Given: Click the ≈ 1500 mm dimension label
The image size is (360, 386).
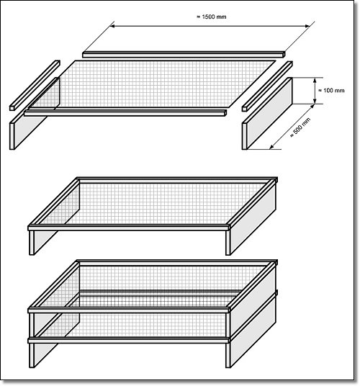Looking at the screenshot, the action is [x=212, y=17].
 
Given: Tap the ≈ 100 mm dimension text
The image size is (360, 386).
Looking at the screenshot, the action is [x=331, y=90].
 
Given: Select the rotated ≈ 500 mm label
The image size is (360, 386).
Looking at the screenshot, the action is [x=300, y=127].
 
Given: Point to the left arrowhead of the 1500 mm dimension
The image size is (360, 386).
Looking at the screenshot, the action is [x=112, y=26].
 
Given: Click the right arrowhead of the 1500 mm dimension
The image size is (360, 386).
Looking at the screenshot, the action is [x=307, y=26].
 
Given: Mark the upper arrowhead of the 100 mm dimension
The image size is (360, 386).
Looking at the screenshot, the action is [x=315, y=80].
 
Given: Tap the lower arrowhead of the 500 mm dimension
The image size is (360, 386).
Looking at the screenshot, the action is [x=271, y=147].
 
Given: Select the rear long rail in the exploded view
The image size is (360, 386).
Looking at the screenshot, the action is [x=184, y=55].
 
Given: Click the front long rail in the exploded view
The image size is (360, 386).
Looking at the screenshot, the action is [x=125, y=113].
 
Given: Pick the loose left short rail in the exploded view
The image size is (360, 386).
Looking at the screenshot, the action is [x=35, y=85].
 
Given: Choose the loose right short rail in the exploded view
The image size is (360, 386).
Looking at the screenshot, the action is [x=267, y=86].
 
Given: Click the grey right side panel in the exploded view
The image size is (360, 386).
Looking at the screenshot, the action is [x=267, y=114].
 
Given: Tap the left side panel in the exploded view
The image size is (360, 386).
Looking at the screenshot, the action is [x=35, y=114].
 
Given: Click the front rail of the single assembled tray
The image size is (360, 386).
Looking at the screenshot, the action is [x=129, y=228].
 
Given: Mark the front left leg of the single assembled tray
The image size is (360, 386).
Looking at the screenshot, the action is [x=32, y=243].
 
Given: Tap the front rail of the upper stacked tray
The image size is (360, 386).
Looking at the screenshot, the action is [x=129, y=310].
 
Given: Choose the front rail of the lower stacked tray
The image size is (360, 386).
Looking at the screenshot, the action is [x=129, y=341].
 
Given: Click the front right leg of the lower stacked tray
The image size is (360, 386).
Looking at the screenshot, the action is [x=228, y=356].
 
